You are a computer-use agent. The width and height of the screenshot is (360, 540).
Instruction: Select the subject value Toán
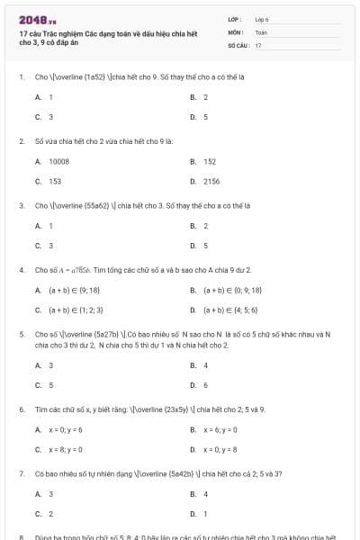tap(261, 31)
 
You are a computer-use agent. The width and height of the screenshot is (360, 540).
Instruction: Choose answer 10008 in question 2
tap(58, 161)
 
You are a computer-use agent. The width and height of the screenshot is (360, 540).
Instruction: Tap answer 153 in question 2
tap(55, 181)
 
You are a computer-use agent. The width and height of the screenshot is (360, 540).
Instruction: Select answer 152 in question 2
tap(210, 161)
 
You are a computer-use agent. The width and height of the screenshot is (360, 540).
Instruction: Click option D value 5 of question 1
tap(205, 117)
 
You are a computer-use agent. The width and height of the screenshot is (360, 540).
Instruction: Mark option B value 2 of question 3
tap(205, 226)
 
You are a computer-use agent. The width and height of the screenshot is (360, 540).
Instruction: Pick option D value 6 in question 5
tap(205, 384)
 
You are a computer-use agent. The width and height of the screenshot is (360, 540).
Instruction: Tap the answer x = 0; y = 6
tap(66, 429)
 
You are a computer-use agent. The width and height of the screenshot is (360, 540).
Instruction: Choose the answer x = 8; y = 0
tap(66, 448)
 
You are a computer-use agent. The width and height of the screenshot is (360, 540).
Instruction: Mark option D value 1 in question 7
tap(205, 513)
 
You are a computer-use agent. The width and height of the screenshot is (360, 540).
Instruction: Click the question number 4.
tap(21, 270)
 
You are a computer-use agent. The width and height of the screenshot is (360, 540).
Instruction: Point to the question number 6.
tap(21, 409)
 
